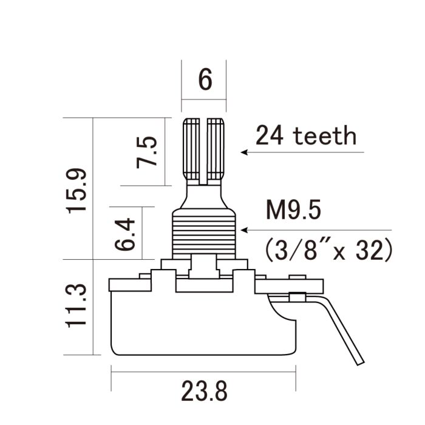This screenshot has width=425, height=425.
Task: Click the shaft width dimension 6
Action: (205, 80)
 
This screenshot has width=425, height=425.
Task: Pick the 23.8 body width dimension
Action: (203, 391)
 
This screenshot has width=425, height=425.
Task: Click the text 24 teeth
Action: (305, 135)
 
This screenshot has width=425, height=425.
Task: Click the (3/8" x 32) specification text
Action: (328, 249)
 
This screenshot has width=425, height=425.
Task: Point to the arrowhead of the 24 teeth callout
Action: (244, 152)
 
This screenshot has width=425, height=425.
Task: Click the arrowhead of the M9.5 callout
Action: (244, 230)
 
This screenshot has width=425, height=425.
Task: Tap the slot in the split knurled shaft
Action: (204, 149)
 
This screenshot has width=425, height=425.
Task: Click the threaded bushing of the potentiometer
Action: (203, 232)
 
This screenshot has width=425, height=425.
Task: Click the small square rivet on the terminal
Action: (297, 297)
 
